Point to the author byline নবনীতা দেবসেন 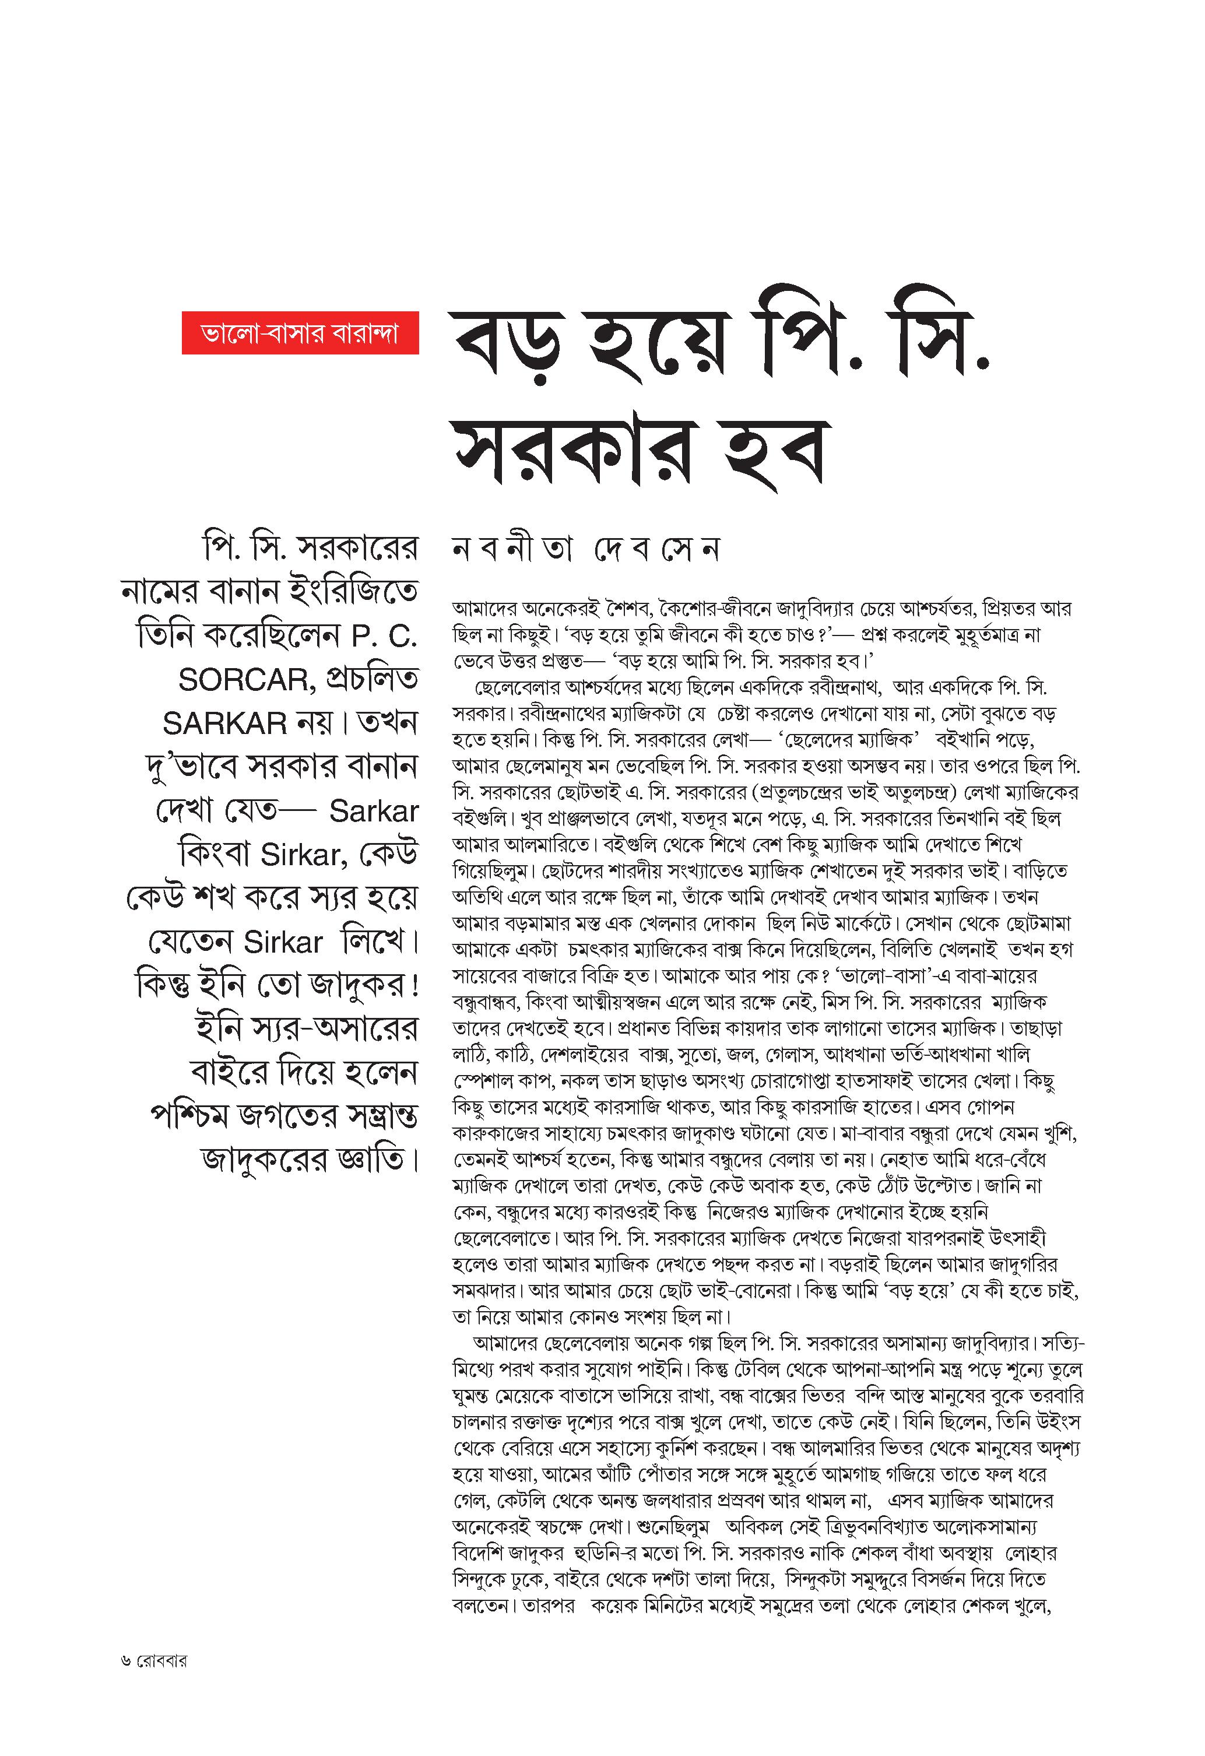[585, 549]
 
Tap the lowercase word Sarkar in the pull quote [373, 812]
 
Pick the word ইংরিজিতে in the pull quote [354, 592]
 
